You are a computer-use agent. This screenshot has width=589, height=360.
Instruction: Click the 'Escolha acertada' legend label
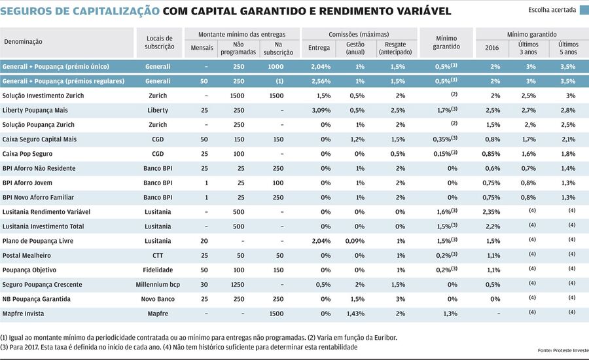point(552,10)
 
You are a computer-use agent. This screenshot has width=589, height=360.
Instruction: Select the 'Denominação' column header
point(23,41)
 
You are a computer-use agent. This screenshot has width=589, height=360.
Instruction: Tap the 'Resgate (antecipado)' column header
point(395,47)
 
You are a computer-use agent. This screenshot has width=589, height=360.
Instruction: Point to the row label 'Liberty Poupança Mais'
point(36,110)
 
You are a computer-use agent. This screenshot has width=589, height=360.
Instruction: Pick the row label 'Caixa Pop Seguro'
point(28,154)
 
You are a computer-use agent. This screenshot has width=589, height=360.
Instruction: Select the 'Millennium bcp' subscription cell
point(158,284)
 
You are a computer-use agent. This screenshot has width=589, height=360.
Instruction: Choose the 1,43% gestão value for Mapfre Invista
point(355,314)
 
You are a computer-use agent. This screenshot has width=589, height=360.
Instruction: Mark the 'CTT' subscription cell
point(158,255)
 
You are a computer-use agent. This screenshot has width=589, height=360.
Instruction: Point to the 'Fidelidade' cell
point(158,270)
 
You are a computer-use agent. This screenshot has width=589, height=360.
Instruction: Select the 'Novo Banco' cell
point(158,299)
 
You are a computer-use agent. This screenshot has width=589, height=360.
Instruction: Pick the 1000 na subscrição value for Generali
point(276,67)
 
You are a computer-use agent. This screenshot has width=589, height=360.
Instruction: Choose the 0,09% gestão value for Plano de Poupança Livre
point(355,241)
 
